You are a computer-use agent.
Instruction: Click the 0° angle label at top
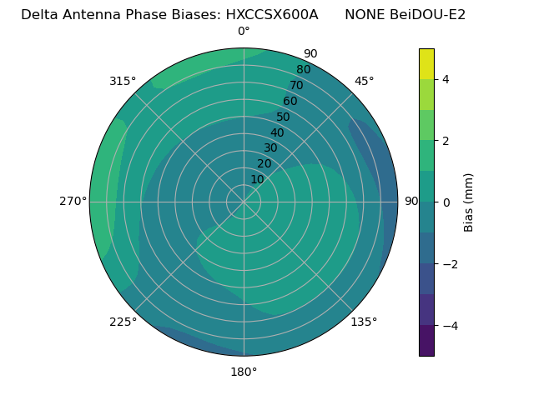[x=244, y=32]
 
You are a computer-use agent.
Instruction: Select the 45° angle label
[x=364, y=81]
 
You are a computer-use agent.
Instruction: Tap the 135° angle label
[x=364, y=322]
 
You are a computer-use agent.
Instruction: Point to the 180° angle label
[x=244, y=372]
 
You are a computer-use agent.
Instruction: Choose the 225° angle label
[x=123, y=322]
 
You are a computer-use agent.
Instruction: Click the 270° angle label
[x=73, y=202]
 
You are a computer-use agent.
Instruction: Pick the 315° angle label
[x=123, y=81]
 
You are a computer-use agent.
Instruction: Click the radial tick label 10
[x=257, y=179]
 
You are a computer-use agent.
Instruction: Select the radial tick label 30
[x=270, y=148]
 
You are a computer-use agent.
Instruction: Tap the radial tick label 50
[x=284, y=117]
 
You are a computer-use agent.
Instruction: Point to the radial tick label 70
[x=297, y=86]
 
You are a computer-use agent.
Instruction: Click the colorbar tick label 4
[x=446, y=79]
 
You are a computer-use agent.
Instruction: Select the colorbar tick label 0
[x=446, y=202]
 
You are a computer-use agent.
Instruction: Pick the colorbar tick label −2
[x=449, y=264]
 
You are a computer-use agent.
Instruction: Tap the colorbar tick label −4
[x=449, y=326]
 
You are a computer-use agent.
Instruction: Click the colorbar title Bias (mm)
[x=469, y=202]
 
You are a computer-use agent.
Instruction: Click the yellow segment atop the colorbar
[x=426, y=63]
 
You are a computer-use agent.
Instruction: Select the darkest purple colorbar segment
[x=426, y=341]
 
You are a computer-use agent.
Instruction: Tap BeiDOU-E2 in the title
[x=428, y=14]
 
